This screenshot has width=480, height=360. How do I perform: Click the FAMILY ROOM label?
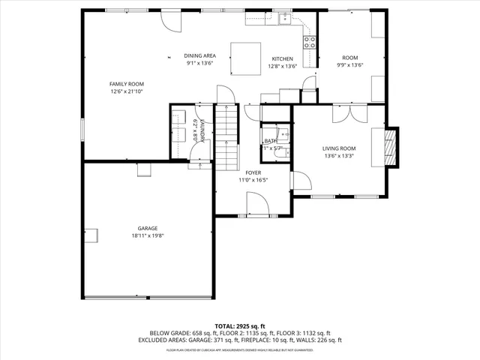click(126, 84)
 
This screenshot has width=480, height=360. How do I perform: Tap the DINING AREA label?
click(200, 56)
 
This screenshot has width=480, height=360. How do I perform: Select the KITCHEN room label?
click(282, 59)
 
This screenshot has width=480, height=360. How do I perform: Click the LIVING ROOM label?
click(339, 148)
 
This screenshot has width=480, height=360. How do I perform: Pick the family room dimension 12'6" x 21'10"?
click(126, 91)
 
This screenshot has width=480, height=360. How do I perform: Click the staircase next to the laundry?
click(226, 135)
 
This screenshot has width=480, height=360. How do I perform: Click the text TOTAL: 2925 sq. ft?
click(239, 327)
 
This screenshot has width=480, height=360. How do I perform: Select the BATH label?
click(270, 141)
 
